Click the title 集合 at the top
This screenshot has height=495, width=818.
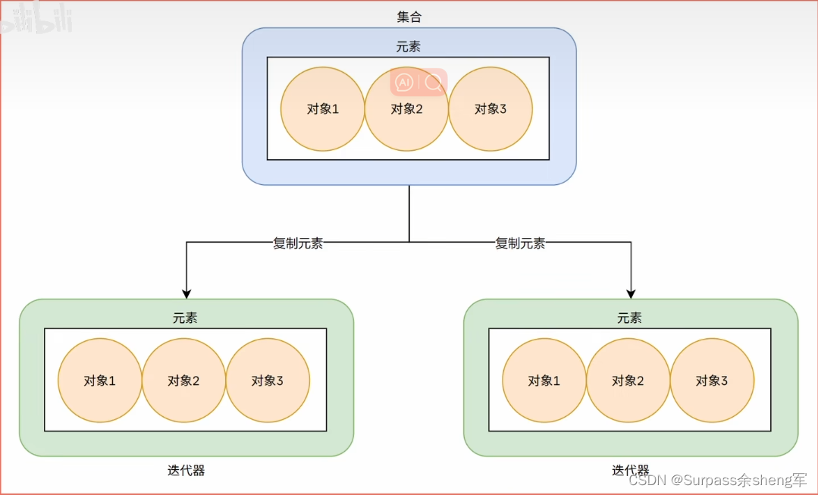coord(408,17)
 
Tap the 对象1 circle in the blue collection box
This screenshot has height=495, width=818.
coord(322,108)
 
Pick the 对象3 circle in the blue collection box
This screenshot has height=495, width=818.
coord(490,108)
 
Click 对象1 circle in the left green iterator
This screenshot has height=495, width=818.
coord(100,381)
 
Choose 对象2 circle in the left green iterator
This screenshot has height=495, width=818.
coord(184,381)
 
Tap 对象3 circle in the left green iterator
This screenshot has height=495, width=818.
coord(268,381)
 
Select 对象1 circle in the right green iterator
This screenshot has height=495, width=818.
coord(544,381)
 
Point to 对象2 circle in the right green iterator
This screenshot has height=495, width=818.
coord(628,381)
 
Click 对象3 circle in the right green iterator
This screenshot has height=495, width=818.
coord(712,381)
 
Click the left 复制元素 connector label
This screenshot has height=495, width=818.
coord(298,243)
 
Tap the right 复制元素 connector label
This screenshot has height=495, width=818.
coord(520,243)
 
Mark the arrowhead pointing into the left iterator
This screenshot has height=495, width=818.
coord(186,293)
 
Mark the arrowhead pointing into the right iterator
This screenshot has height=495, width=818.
coord(631,293)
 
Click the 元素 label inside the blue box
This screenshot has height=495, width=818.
coord(408,47)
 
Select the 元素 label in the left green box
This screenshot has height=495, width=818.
coord(185,318)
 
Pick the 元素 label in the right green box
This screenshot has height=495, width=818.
coord(629,318)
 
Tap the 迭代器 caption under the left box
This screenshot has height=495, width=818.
coord(186,471)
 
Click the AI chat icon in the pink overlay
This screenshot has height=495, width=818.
coord(405,82)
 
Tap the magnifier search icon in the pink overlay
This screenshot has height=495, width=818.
coord(433,82)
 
